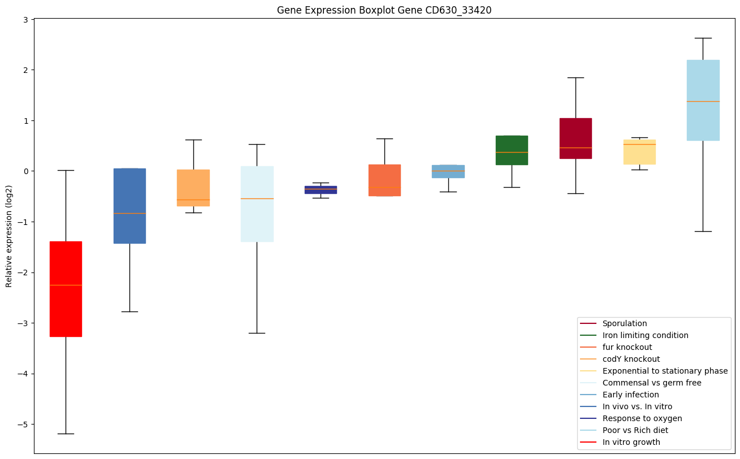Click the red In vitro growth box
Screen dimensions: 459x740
pos(66,289)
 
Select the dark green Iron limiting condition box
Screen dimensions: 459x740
pos(512,150)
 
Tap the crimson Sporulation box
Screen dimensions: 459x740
pos(575,138)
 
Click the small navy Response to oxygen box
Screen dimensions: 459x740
pos(321,189)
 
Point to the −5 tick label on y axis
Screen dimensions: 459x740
pos(25,425)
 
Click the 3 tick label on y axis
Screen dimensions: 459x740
pos(27,19)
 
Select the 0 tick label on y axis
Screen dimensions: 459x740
pos(27,171)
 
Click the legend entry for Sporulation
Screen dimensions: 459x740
pos(624,323)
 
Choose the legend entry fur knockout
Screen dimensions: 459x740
pos(627,347)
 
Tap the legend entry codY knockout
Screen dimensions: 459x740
pos(631,359)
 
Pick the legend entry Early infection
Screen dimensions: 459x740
pos(630,395)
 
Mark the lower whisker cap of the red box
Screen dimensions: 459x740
pos(66,434)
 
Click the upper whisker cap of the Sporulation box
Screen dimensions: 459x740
pos(575,77)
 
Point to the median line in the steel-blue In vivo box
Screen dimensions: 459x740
pos(129,213)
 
